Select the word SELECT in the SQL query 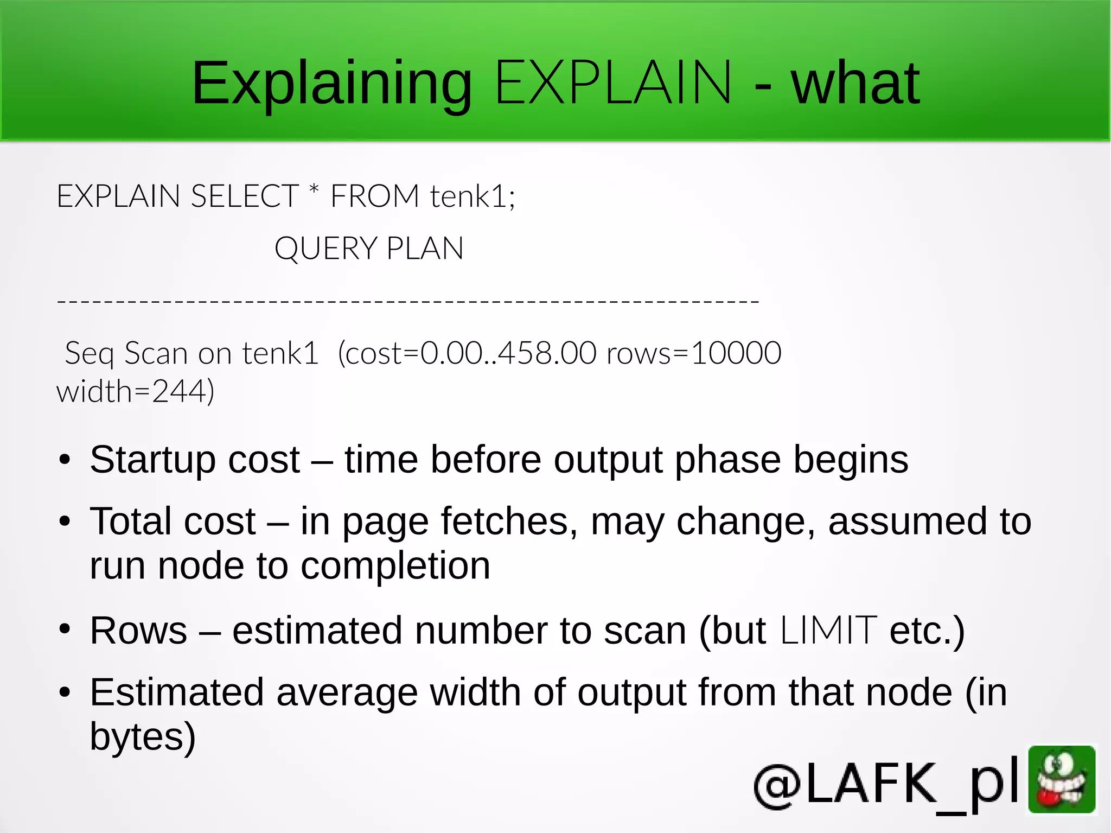(x=244, y=196)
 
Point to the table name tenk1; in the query (x=473, y=196)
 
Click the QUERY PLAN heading (x=369, y=249)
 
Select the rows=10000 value (x=694, y=353)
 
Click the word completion (x=395, y=566)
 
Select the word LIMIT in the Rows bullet (x=828, y=631)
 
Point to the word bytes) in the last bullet (x=143, y=737)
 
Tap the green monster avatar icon (x=1062, y=779)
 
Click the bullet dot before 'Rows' (x=65, y=629)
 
